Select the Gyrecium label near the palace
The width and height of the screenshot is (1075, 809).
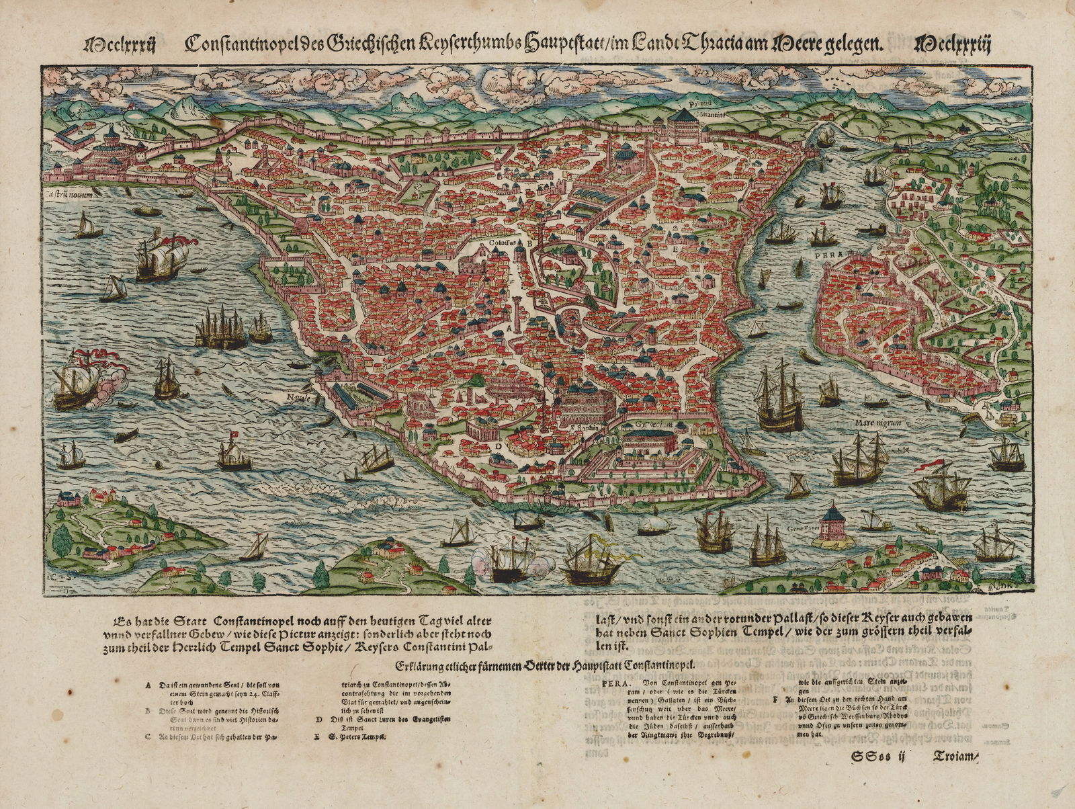(x=647, y=424)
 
